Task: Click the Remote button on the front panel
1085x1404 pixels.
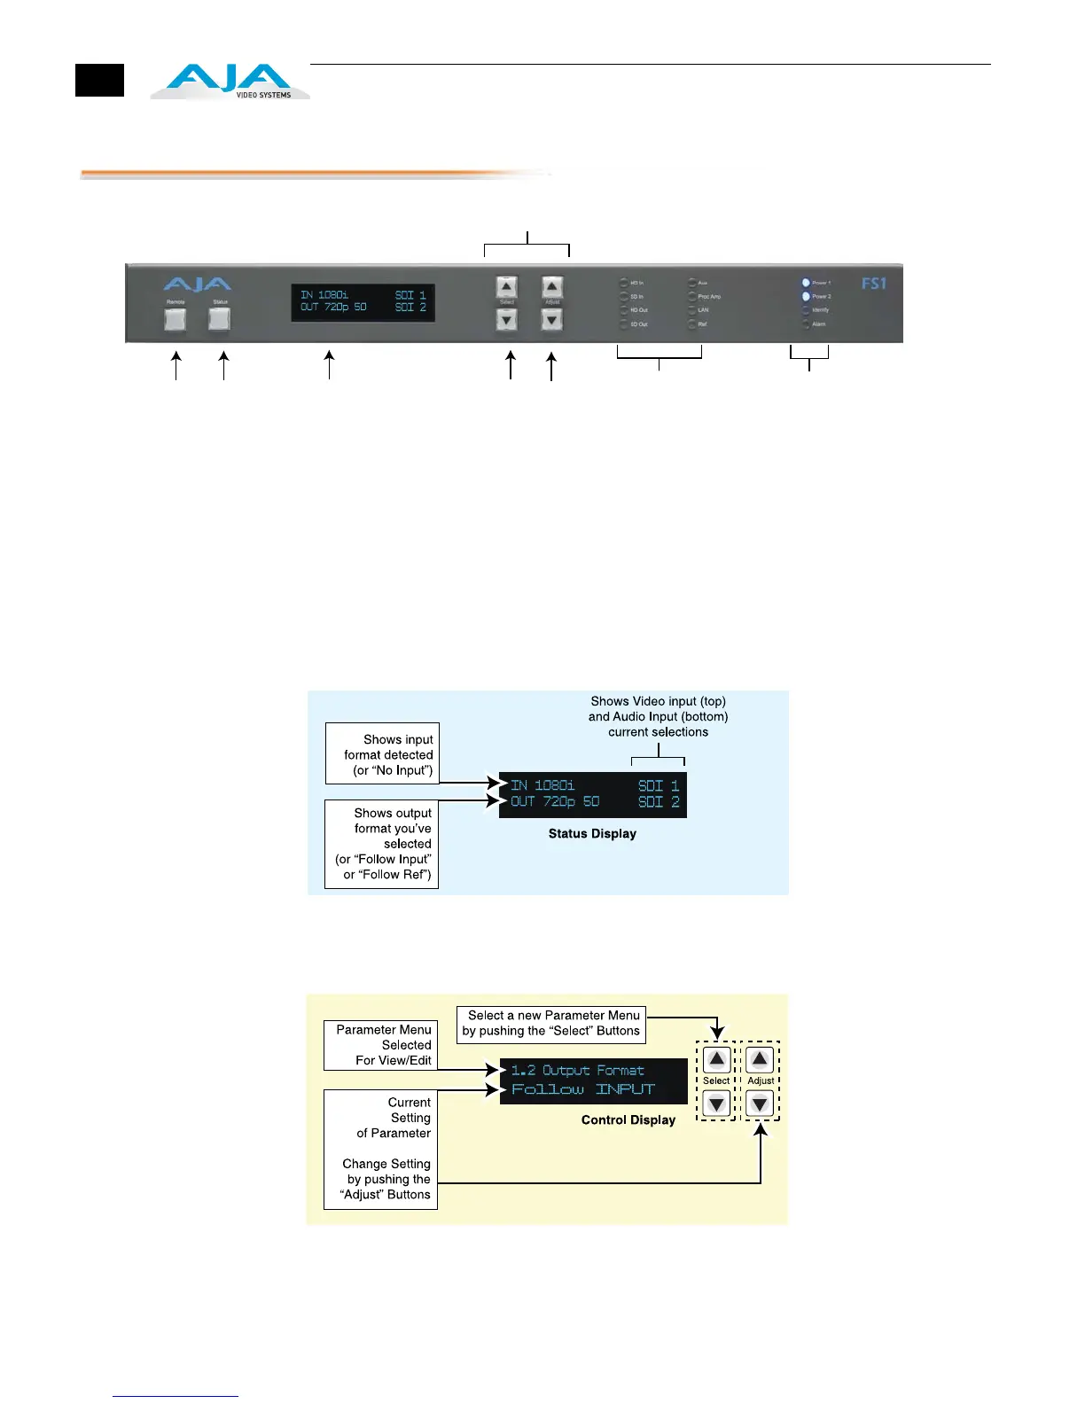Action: pos(176,319)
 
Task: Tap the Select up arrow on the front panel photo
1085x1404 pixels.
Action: pos(506,287)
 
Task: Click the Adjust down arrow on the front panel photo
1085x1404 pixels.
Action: pos(551,320)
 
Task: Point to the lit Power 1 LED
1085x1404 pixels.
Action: pos(806,283)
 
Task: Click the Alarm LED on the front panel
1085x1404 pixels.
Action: pos(806,324)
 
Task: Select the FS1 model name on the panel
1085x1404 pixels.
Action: pos(873,284)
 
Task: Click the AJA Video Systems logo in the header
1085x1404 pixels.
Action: pos(230,82)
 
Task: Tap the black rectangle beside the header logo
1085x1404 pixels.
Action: pos(99,81)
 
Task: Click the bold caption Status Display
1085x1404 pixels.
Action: pos(592,833)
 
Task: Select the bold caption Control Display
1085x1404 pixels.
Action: pos(628,1119)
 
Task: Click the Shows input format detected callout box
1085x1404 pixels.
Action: pos(382,754)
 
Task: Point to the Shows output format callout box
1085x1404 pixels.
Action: pos(382,844)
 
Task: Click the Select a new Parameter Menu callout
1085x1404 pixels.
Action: pos(551,1023)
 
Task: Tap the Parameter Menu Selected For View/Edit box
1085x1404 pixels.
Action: pos(381,1045)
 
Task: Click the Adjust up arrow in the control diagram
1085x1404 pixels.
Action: pos(760,1059)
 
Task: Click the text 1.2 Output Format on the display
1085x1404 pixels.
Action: pos(577,1070)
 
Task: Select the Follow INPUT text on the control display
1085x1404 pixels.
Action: pos(582,1089)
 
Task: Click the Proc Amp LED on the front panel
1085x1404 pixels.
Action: pos(692,296)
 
